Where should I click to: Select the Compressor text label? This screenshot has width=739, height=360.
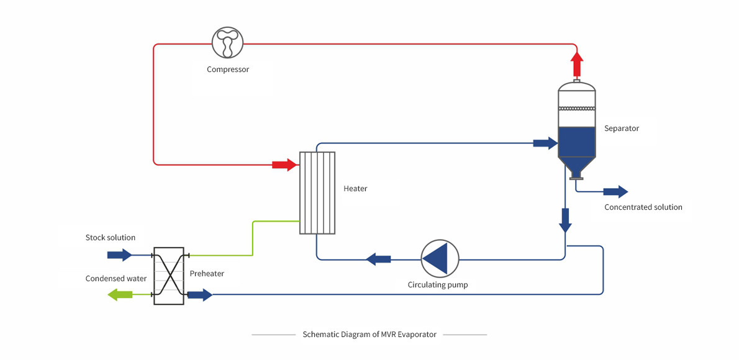click(228, 70)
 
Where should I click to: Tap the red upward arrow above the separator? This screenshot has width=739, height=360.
click(577, 64)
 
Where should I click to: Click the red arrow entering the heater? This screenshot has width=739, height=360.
click(285, 164)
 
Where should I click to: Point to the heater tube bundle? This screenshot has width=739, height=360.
click(317, 192)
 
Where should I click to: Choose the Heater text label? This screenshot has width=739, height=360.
click(355, 189)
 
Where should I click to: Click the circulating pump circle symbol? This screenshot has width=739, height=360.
click(440, 258)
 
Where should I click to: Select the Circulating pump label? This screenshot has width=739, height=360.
click(438, 285)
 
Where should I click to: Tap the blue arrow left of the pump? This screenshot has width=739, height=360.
click(378, 259)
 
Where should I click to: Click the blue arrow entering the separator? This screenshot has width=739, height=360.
click(545, 143)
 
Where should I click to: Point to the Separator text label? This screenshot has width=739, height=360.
click(622, 128)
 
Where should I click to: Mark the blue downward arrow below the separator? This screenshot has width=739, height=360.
click(565, 219)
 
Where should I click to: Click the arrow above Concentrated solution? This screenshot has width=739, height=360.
click(617, 191)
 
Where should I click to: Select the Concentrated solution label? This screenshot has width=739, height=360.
click(643, 207)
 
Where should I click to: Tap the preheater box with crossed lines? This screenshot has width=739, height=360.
click(169, 276)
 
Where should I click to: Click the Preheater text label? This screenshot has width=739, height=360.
click(207, 273)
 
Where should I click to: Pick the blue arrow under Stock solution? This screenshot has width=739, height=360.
click(120, 255)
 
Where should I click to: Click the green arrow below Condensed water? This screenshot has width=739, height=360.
click(120, 295)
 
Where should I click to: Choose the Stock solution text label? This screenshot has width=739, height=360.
click(111, 238)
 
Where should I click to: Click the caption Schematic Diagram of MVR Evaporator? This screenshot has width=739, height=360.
click(369, 335)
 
